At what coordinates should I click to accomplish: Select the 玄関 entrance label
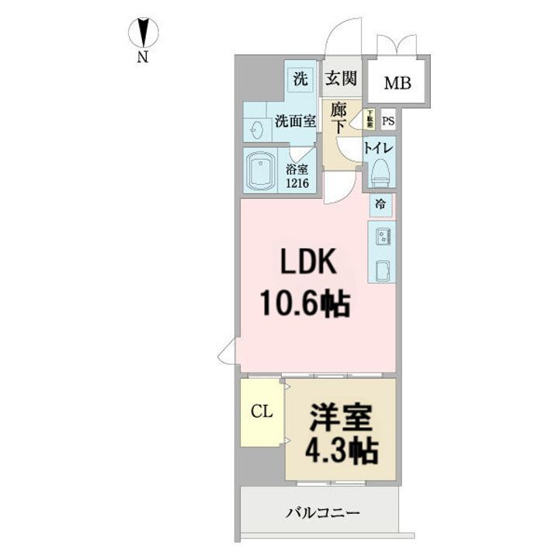(x=341, y=78)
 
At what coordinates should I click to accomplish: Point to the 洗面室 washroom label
(x=295, y=121)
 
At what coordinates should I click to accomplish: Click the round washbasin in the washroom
(x=255, y=130)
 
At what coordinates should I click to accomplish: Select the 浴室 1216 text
(x=297, y=176)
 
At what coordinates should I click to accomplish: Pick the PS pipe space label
(x=388, y=120)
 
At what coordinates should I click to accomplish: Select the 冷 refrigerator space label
(x=380, y=205)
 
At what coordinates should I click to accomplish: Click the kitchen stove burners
(x=383, y=234)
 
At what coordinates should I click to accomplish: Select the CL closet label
(x=261, y=412)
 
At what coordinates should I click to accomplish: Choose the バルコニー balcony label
(x=322, y=513)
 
